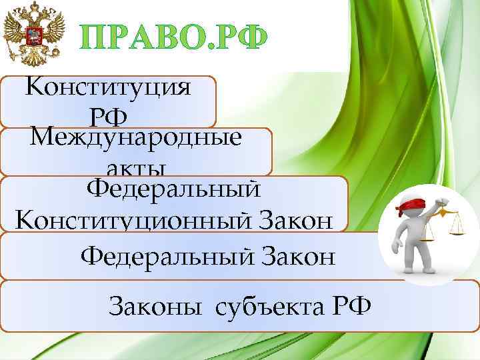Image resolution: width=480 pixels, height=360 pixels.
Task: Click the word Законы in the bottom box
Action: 157,308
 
